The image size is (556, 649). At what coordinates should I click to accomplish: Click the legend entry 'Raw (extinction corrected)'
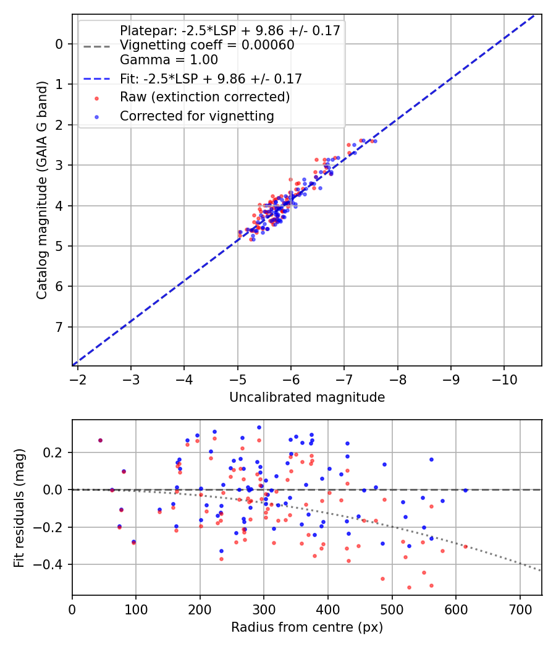click(204, 97)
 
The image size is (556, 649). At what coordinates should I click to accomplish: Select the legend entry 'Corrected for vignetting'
click(197, 116)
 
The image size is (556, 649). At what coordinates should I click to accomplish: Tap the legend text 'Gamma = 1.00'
click(169, 61)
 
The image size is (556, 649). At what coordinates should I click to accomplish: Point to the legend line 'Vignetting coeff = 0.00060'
click(207, 45)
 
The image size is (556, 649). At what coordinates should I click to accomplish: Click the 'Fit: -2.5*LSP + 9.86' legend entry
click(211, 79)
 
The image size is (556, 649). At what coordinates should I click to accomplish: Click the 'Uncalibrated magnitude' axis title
click(307, 397)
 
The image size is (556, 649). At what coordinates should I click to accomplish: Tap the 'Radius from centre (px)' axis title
click(307, 627)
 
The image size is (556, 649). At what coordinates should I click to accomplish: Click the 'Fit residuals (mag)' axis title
click(19, 507)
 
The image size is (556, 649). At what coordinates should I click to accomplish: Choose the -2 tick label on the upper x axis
click(78, 378)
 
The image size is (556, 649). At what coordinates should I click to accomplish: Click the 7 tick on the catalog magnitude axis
click(59, 326)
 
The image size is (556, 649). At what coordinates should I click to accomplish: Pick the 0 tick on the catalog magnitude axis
click(59, 44)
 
